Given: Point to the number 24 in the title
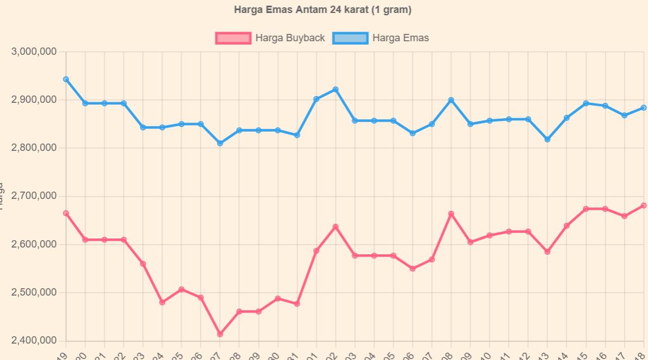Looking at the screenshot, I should (x=330, y=10).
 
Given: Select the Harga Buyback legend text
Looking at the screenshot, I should (x=290, y=38).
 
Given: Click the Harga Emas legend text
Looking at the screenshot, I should (x=401, y=38).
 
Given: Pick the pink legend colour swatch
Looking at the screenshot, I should (x=233, y=38).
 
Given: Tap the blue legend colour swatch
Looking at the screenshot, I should (x=350, y=38).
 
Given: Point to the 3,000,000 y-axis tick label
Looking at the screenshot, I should (x=34, y=51).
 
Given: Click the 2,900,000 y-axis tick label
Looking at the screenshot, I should (x=34, y=100).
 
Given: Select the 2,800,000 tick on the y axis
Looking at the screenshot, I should (x=34, y=148).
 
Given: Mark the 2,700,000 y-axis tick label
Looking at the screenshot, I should (x=34, y=196).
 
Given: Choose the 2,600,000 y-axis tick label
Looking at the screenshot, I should (x=34, y=244).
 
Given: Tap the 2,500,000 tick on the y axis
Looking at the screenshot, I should (x=34, y=292).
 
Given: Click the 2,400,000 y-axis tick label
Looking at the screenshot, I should (x=34, y=341).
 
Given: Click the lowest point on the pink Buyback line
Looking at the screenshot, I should (x=220, y=334).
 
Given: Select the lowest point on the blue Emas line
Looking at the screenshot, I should (x=220, y=144).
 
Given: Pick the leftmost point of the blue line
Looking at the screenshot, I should (x=66, y=79).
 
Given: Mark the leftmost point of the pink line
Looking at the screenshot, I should (x=66, y=213).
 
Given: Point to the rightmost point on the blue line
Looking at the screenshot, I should (x=643, y=107).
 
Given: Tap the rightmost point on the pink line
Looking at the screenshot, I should (x=643, y=206).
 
